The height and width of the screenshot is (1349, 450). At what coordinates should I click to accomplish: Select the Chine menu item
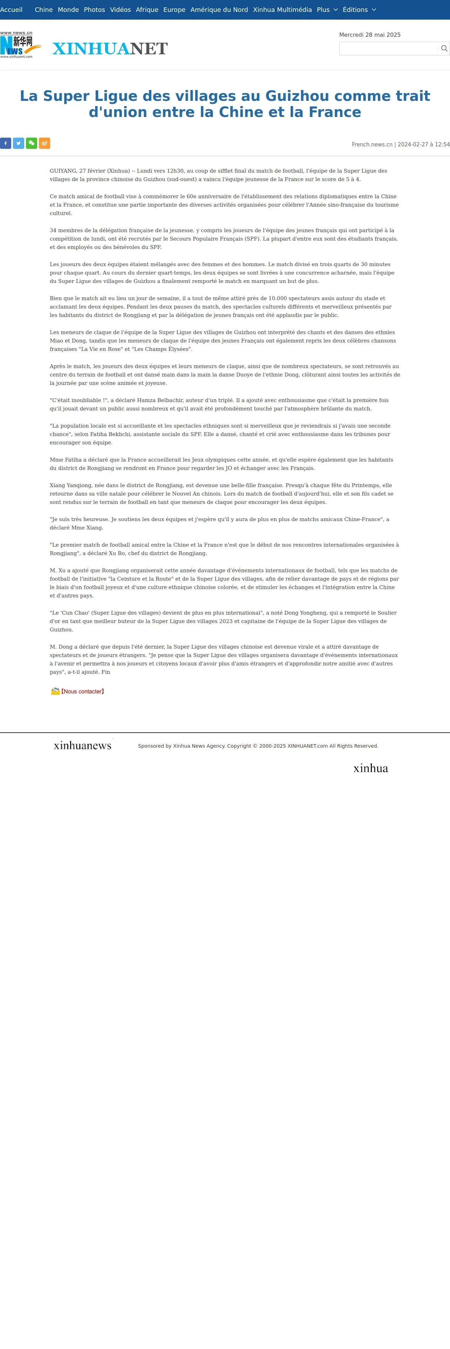pos(43,10)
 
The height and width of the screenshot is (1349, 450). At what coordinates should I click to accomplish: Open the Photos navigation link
pos(94,10)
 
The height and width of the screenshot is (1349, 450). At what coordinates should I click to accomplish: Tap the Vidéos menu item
pos(121,10)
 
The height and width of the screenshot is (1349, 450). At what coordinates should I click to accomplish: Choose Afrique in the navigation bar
pos(147,10)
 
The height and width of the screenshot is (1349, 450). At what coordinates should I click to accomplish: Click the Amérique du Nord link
pos(219,10)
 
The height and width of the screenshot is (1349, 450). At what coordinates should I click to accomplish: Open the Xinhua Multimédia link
pos(282,10)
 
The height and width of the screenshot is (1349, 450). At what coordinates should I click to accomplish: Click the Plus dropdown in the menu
pos(327,10)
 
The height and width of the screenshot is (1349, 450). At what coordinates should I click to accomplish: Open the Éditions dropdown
pos(359,10)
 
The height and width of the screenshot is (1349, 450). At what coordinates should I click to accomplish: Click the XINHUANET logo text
pos(110,49)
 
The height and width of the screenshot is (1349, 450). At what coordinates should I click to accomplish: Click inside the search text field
pos(388,49)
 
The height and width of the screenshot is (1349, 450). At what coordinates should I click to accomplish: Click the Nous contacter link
pos(82,691)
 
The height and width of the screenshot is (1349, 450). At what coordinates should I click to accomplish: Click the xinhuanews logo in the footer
pos(83,745)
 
